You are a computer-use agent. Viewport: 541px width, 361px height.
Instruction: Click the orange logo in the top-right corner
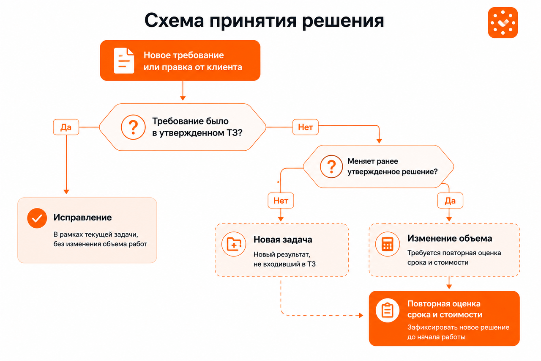[x=503, y=22]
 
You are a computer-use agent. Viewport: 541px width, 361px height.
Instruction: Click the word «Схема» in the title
[x=174, y=21]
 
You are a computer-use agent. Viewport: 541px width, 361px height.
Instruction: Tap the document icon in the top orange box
[x=124, y=61]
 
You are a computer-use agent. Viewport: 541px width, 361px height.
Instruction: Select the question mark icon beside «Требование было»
[x=133, y=127]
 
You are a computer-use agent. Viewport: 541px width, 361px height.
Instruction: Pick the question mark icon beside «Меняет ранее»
[x=331, y=167]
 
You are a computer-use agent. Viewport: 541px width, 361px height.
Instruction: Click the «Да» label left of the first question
[x=66, y=127]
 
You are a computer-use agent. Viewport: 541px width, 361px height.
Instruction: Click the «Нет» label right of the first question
[x=306, y=127]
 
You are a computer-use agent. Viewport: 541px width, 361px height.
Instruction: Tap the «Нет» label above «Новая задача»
[x=281, y=201]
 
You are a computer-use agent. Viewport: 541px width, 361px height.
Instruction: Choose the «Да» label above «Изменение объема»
[x=450, y=201]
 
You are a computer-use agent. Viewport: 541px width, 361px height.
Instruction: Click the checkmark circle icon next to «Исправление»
[x=37, y=218]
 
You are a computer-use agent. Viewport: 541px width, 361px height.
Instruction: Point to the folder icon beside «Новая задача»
[x=234, y=244]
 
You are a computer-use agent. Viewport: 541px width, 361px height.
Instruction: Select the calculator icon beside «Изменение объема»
[x=388, y=244]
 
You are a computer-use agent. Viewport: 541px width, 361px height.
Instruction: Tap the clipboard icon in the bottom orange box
[x=388, y=311]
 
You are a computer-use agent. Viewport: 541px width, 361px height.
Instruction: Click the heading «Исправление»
[x=82, y=218]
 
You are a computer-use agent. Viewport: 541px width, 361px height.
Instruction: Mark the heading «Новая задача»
[x=283, y=240]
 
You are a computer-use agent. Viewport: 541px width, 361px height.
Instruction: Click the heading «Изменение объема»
[x=450, y=238]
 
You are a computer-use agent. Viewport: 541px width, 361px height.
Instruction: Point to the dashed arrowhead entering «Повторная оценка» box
[x=361, y=315]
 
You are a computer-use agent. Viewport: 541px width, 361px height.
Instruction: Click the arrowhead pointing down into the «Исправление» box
[x=66, y=192]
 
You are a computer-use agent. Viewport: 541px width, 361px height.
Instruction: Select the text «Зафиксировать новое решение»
[x=459, y=328]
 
